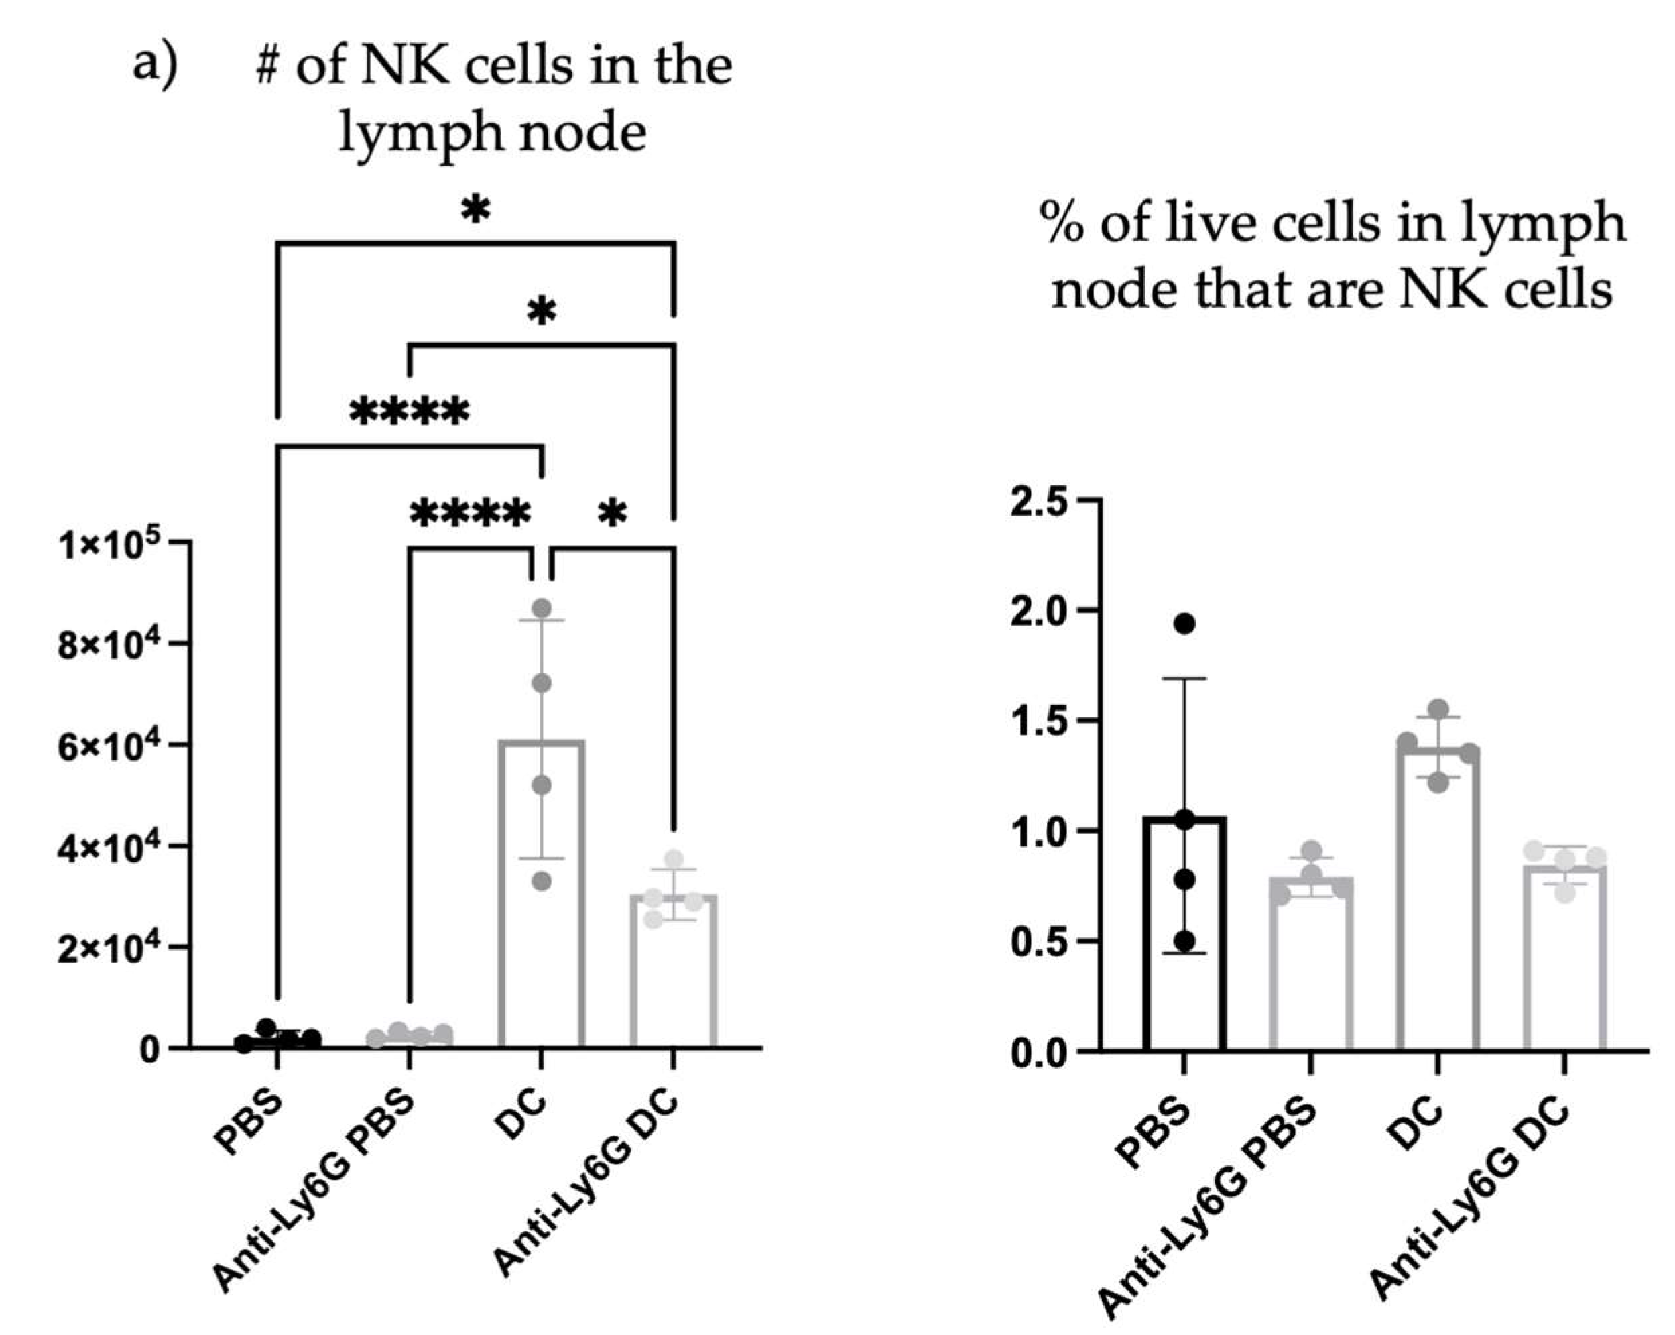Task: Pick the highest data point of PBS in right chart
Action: pos(1184,623)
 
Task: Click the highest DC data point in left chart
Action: pos(542,607)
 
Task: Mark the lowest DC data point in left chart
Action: pos(542,881)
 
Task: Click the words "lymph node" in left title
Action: pos(493,133)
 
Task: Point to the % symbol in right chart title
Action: pos(1064,224)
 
